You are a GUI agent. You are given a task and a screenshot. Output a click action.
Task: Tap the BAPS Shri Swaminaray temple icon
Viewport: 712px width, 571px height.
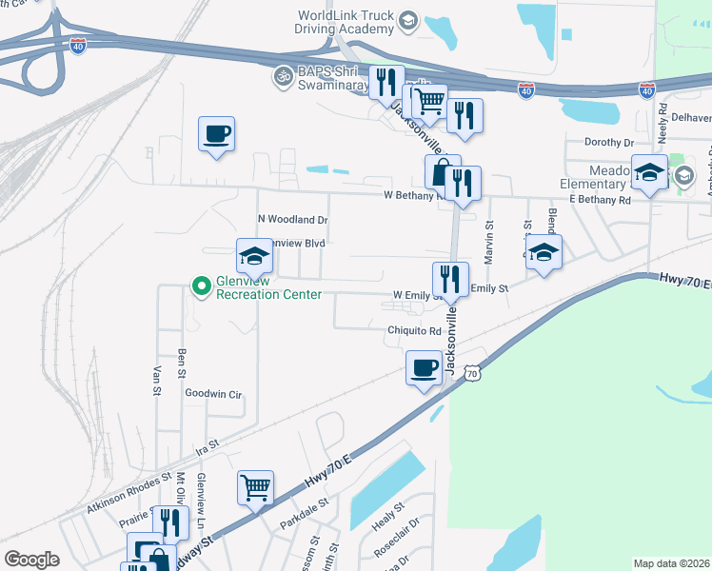pos(282,75)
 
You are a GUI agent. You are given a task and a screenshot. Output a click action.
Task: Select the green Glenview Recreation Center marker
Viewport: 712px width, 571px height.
pos(201,285)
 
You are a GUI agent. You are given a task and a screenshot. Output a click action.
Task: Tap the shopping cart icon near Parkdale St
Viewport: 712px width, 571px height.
pos(256,487)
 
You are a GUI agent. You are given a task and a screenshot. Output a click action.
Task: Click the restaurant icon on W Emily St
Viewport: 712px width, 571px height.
pos(450,278)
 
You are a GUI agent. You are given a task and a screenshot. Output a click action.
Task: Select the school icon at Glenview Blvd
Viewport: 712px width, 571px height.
pos(254,255)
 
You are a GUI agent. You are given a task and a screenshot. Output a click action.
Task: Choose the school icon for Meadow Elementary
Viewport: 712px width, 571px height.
pos(648,171)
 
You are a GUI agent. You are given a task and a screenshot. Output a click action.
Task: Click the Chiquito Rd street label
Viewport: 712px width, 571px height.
pos(414,331)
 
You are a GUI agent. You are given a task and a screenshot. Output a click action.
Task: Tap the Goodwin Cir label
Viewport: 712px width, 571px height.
pos(214,393)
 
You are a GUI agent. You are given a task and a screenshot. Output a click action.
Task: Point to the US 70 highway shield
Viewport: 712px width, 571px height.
pos(472,374)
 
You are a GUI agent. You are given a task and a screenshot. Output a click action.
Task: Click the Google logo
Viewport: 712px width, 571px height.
pos(31,560)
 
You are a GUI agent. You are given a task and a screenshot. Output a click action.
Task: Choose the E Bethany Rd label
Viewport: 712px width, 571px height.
pos(600,201)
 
